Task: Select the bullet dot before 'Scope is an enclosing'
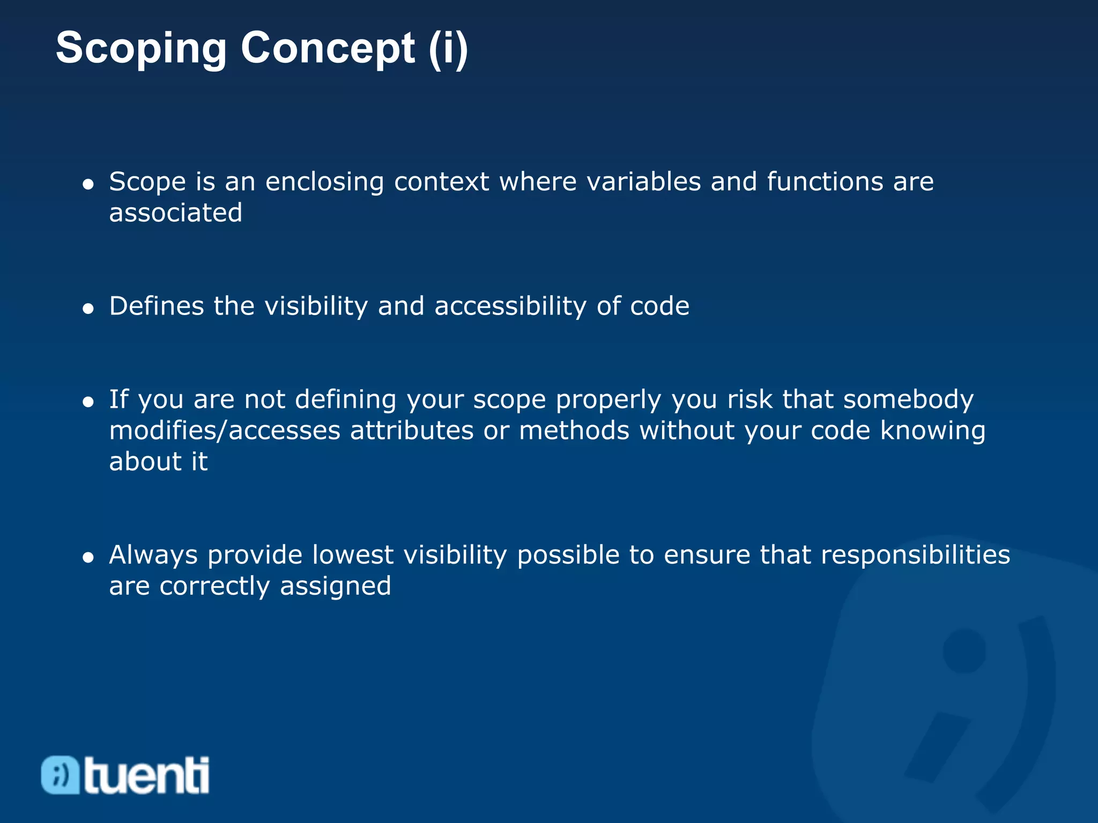pos(88,185)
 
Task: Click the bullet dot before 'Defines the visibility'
pos(88,309)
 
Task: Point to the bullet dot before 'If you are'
pos(88,402)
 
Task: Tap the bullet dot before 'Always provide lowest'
pos(88,558)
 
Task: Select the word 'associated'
pos(176,213)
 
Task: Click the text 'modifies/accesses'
pos(225,431)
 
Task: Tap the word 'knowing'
pos(933,431)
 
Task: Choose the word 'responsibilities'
pos(915,555)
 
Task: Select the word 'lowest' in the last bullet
pos(353,555)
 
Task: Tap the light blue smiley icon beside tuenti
pos(60,775)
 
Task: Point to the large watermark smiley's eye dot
pos(964,650)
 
